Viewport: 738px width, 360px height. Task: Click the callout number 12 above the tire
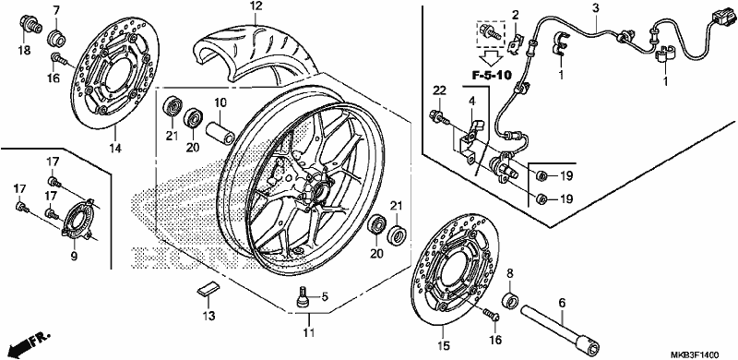point(256,6)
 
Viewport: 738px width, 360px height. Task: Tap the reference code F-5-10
point(492,75)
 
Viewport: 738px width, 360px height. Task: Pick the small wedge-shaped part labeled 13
point(208,288)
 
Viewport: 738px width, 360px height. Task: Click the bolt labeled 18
point(29,25)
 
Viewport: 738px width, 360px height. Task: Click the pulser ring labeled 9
point(76,221)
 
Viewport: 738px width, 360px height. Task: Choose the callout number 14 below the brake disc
point(115,148)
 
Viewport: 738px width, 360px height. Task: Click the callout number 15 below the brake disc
point(444,346)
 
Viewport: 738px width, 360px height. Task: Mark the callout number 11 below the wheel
point(308,332)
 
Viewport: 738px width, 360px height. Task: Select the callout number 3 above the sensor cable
point(595,8)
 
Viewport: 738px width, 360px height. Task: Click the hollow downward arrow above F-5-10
point(491,58)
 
